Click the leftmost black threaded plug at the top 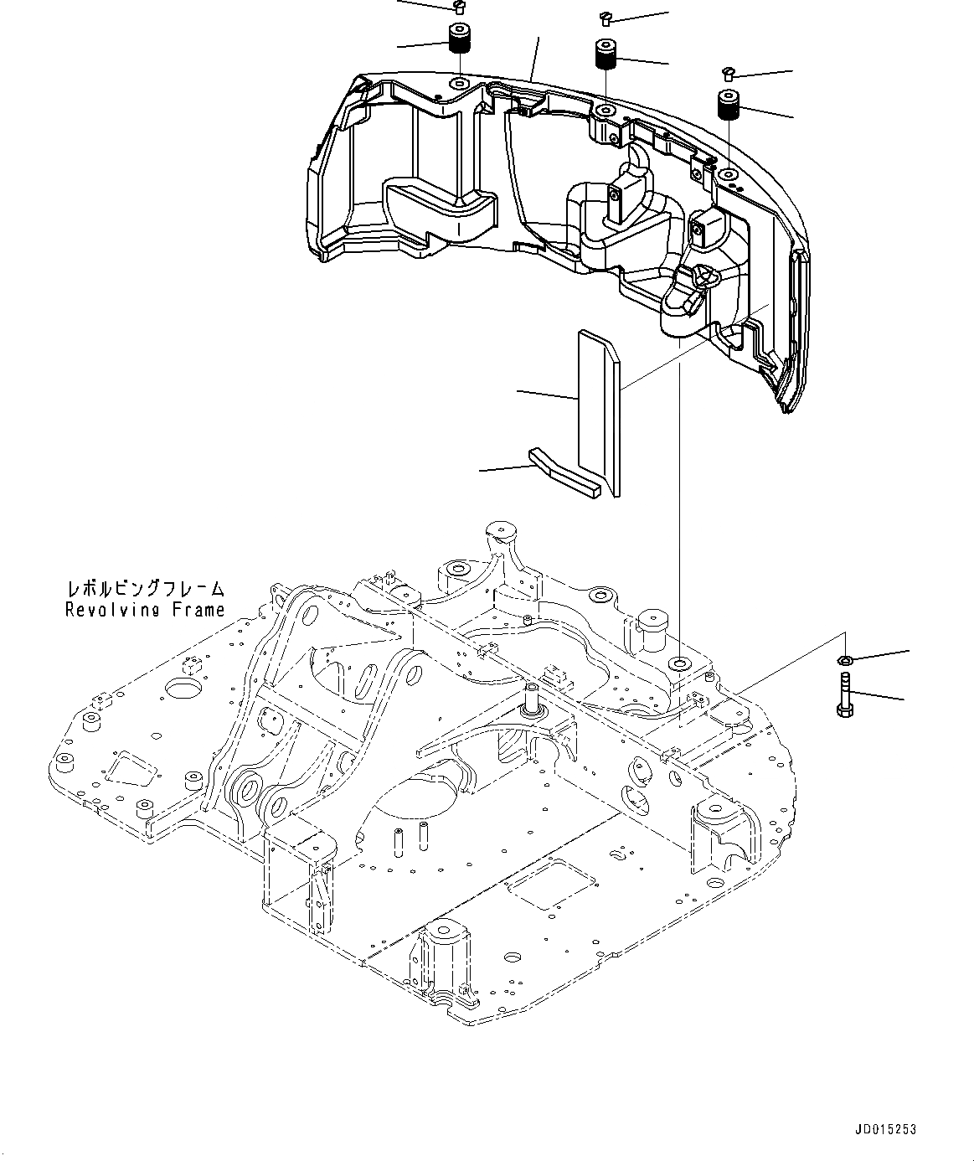[x=458, y=39]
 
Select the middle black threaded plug [x=605, y=55]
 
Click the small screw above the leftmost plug [x=456, y=7]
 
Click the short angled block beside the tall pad [x=565, y=473]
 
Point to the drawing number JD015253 [x=887, y=1129]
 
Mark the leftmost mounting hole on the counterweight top [x=459, y=84]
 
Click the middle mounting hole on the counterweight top [x=606, y=111]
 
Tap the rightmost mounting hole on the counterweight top [x=729, y=175]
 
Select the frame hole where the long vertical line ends [x=679, y=664]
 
